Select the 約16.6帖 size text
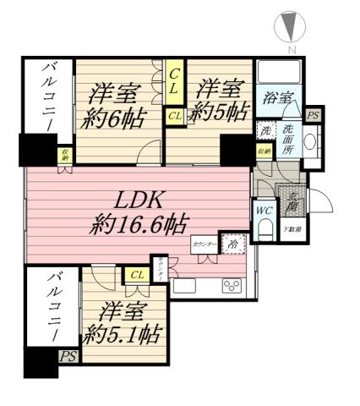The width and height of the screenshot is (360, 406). tap(139, 224)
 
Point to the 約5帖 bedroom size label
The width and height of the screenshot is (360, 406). tap(221, 110)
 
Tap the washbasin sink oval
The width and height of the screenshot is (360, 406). tap(308, 142)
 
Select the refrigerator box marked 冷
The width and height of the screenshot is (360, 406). tap(232, 244)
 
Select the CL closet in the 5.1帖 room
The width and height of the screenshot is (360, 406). tap(137, 273)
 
